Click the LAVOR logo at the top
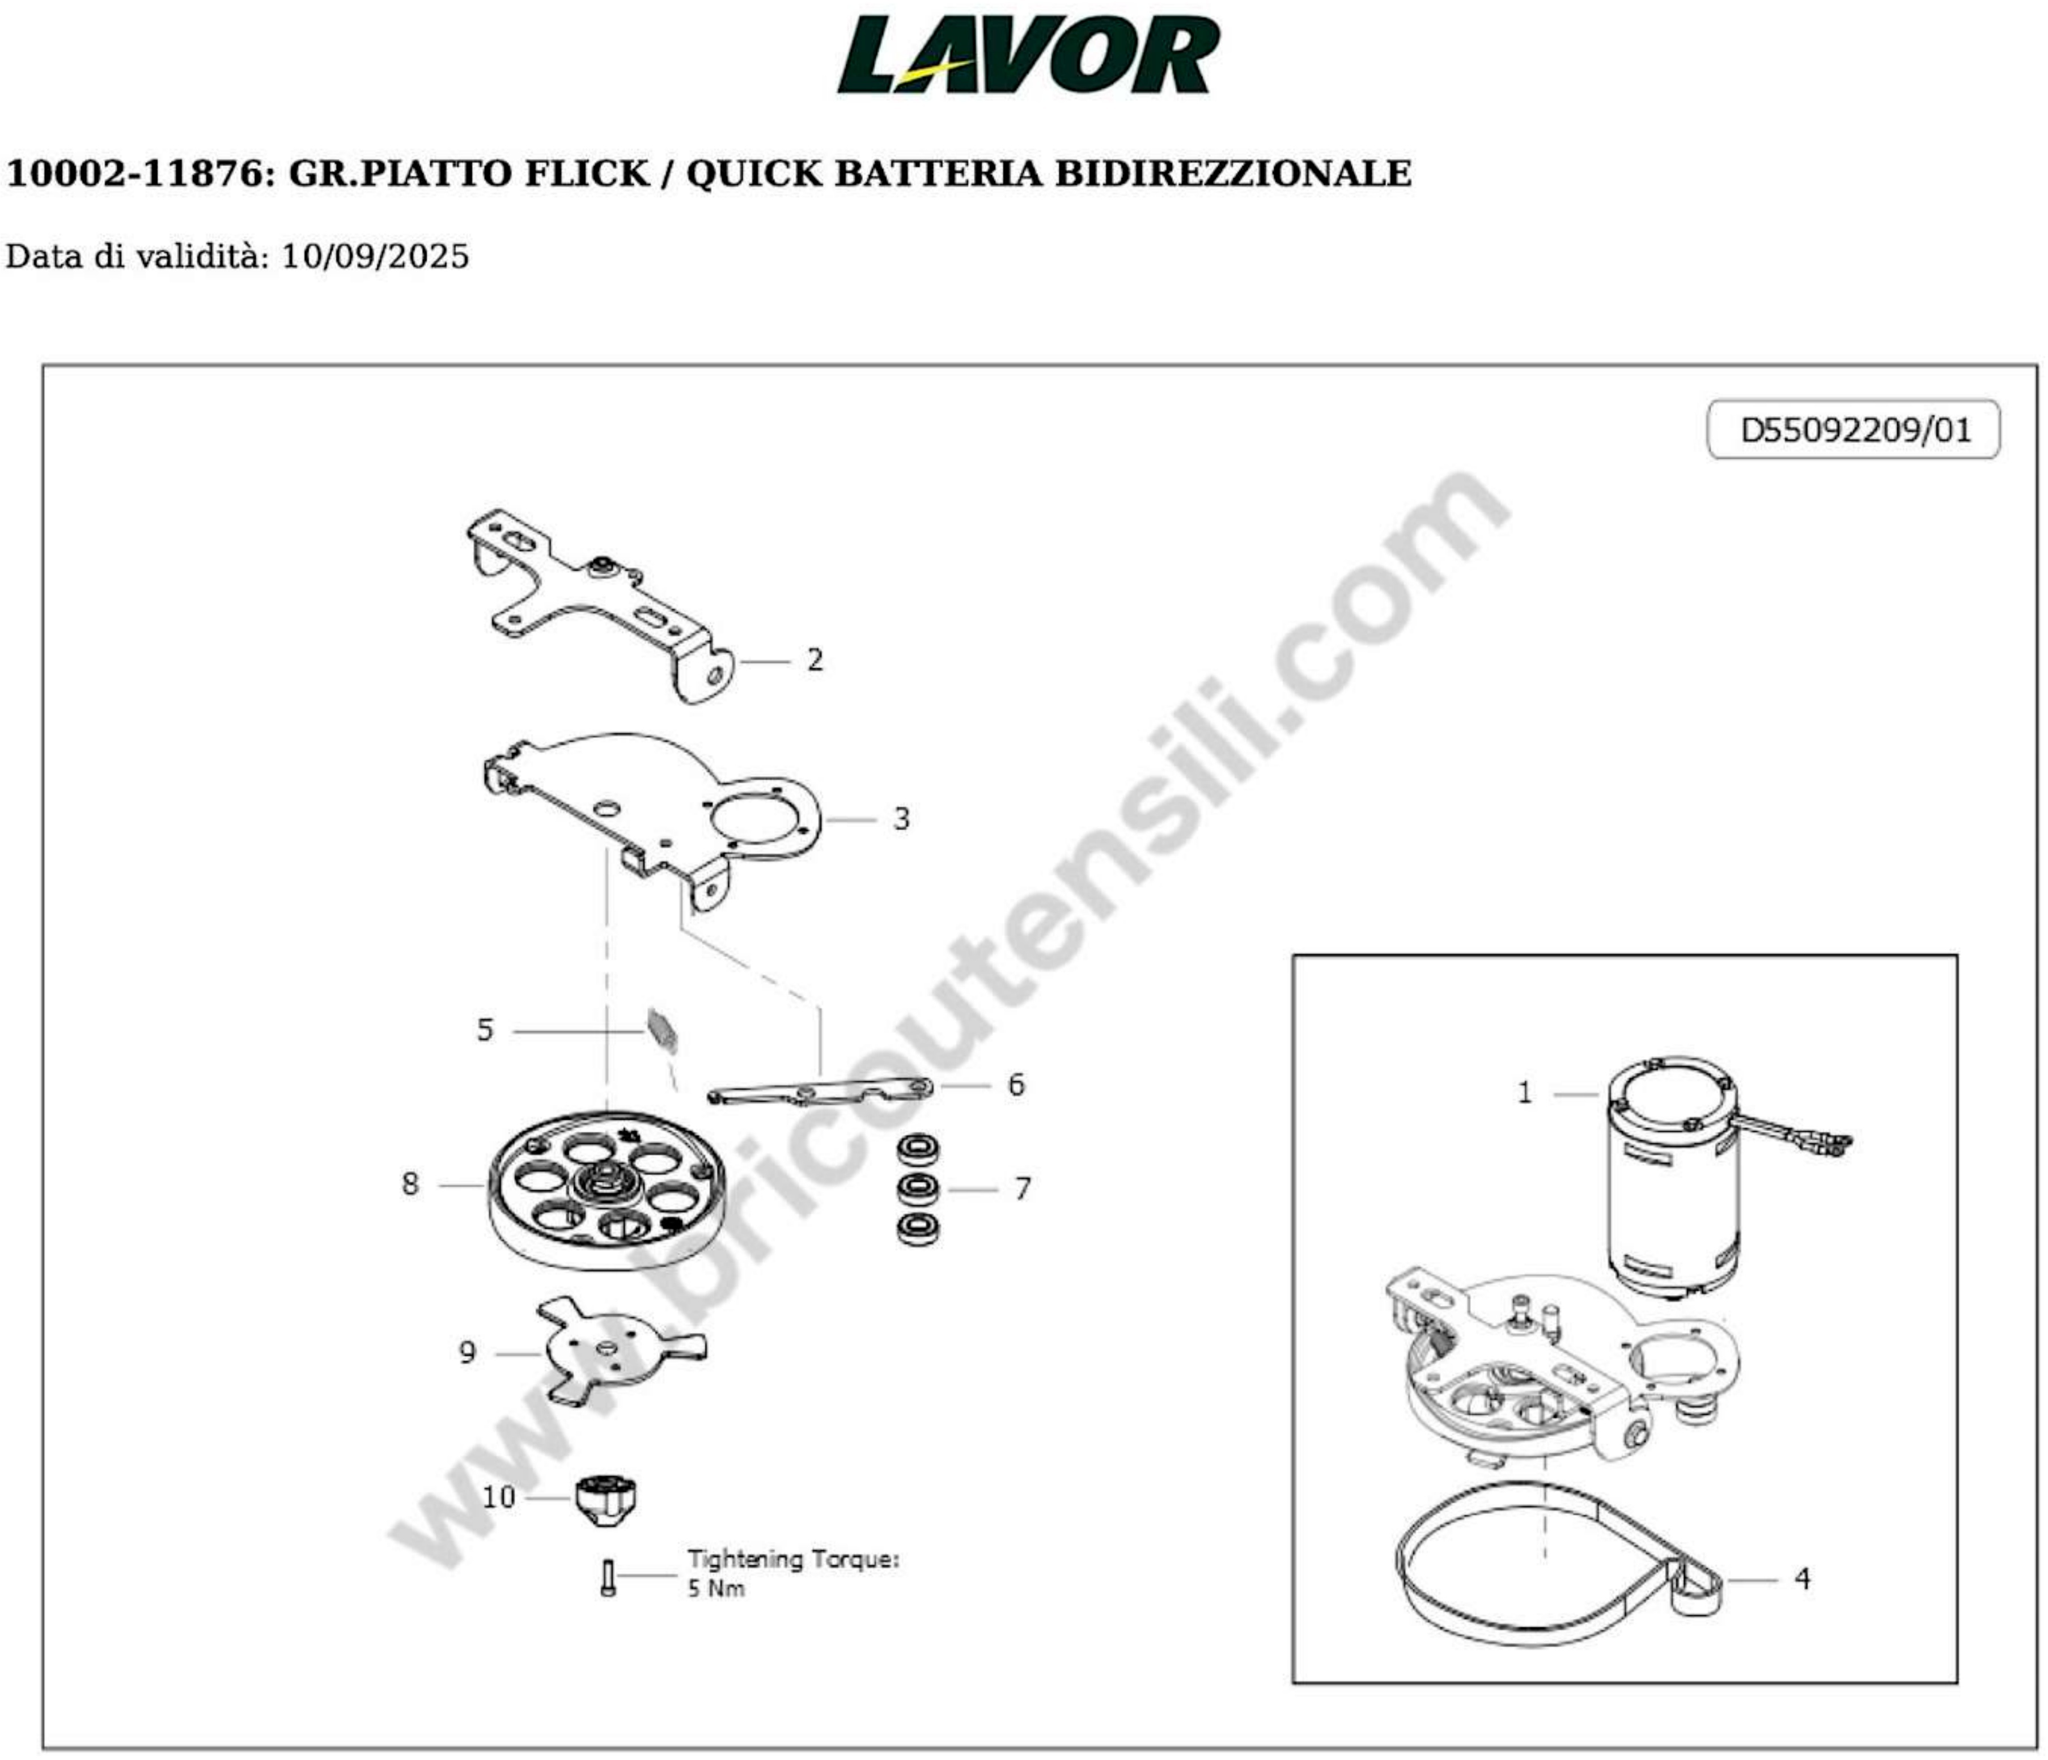click(x=1028, y=56)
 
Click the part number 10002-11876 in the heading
click(x=137, y=174)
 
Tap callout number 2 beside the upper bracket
click(x=815, y=659)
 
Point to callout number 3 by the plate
click(x=901, y=819)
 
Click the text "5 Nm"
click(x=715, y=1589)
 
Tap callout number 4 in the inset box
click(x=1802, y=1579)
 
